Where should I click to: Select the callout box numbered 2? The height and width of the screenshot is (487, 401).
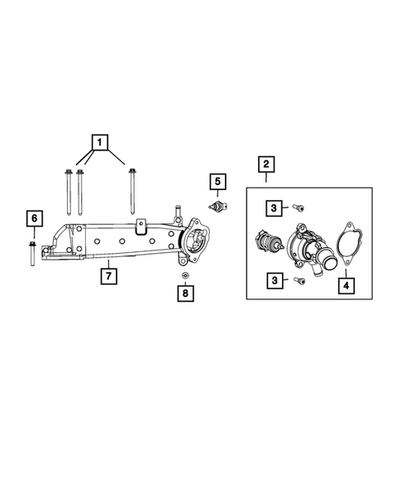(x=265, y=165)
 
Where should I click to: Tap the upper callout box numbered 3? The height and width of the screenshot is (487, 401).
(x=272, y=208)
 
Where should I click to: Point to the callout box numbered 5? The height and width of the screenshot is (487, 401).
(x=216, y=181)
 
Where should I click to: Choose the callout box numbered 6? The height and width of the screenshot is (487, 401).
(x=33, y=218)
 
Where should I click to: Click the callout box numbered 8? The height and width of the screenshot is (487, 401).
(x=186, y=292)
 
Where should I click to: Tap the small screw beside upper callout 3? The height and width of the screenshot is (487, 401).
(x=298, y=208)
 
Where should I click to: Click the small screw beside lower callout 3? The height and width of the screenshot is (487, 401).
(x=298, y=280)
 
